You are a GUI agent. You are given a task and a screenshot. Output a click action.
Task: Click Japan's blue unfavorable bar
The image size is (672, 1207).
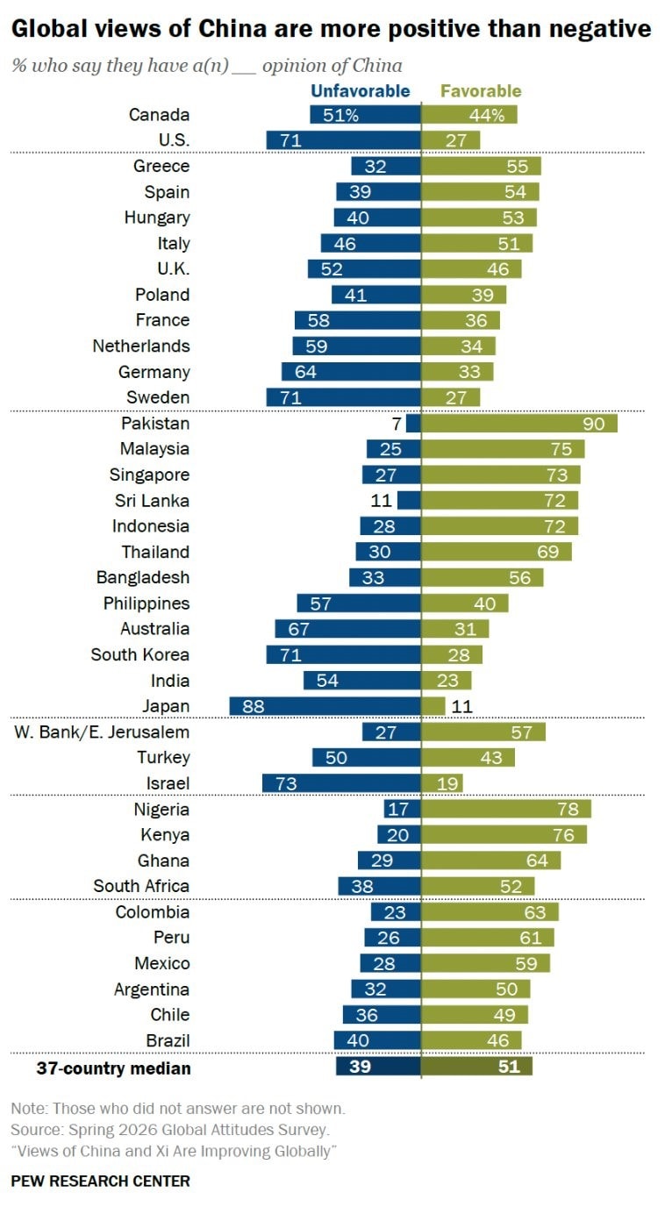pos(325,706)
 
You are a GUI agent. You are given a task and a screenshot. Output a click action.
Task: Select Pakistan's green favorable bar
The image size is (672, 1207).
pos(519,424)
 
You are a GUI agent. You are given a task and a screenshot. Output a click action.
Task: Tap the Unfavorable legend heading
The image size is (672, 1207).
pos(361,91)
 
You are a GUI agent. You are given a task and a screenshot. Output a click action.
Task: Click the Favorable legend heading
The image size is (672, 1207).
pos(481,91)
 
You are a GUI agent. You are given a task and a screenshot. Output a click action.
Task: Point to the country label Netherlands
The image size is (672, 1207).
pos(141,346)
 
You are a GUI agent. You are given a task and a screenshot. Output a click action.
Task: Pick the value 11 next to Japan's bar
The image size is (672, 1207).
pos(461,706)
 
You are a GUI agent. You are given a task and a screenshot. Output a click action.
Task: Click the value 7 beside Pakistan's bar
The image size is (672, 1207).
pos(396,424)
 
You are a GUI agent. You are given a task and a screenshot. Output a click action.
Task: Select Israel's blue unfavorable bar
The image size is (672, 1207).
pos(341,783)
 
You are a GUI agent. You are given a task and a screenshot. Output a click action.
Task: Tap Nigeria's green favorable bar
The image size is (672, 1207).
pos(506,809)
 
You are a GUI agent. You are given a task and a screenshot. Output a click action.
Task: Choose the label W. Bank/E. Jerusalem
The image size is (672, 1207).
pos(102,732)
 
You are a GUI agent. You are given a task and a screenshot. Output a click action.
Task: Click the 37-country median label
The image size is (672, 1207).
pos(114,1068)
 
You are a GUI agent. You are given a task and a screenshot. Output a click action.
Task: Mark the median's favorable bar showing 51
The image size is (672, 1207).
pos(477,1067)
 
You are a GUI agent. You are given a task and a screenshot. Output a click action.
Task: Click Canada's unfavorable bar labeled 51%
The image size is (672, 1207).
pos(365,114)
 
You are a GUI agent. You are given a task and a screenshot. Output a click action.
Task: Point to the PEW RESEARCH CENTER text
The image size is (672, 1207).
pos(101,1182)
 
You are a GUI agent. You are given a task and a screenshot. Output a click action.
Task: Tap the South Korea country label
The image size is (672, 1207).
pos(140,654)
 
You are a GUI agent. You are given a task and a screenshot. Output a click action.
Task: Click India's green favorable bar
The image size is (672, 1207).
pos(447,680)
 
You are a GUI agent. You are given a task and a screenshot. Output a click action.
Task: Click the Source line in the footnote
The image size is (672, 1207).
pos(169,1130)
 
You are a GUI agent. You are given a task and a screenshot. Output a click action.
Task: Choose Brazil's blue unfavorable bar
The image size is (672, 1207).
pos(377,1040)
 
